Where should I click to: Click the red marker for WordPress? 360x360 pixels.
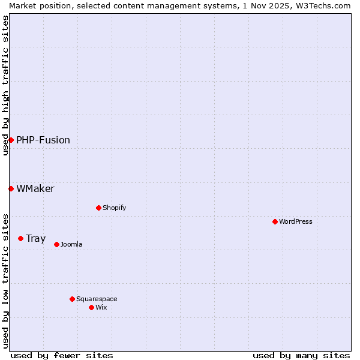(x=275, y=221)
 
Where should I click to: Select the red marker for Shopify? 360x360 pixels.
(x=98, y=208)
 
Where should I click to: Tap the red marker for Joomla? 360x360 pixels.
(x=56, y=244)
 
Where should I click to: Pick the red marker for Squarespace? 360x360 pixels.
(x=72, y=299)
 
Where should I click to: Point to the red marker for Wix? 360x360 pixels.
(x=91, y=307)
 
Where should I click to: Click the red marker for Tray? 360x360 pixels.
(x=20, y=238)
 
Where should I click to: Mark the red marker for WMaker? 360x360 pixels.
(x=11, y=188)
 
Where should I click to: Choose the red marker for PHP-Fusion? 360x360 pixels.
(x=11, y=140)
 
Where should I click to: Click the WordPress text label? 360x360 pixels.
(x=296, y=221)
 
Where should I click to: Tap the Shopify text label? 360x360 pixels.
(x=115, y=208)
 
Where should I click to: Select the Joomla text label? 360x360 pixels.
(x=71, y=244)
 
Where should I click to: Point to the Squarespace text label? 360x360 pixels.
(x=97, y=299)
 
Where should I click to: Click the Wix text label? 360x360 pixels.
(x=101, y=307)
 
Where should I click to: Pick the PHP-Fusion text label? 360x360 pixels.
(x=43, y=140)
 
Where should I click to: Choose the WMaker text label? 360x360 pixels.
(x=35, y=188)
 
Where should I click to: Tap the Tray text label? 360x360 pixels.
(x=35, y=238)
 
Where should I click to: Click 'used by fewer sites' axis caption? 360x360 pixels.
(x=62, y=355)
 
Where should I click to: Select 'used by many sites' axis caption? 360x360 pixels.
(x=301, y=355)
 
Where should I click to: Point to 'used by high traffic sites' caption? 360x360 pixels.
(x=5, y=85)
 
